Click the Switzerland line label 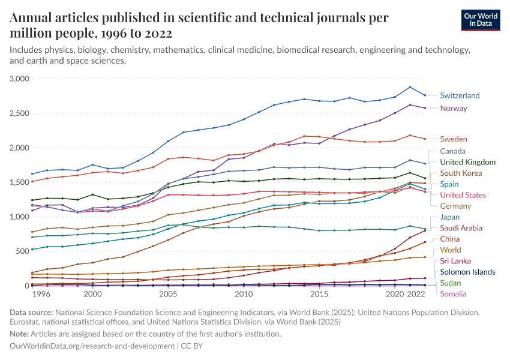[460, 95]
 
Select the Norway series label [453, 109]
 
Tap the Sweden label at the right [453, 139]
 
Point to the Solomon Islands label [467, 272]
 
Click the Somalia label [454, 293]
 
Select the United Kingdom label [468, 162]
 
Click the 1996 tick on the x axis [41, 295]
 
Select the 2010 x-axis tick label [244, 295]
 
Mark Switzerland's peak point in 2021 [410, 87]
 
